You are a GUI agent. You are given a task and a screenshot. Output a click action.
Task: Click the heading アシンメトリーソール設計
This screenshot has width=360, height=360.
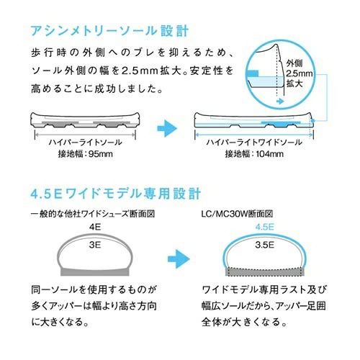coord(109,31)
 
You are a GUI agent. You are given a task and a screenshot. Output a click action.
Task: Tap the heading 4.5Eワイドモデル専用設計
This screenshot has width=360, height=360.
coord(115,194)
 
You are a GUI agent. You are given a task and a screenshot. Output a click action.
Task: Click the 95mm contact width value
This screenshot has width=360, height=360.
coord(101,154)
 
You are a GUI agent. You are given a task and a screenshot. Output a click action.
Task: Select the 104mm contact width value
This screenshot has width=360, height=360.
coord(270,154)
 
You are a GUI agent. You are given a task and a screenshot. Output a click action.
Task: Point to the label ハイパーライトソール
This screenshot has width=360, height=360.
coord(86,143)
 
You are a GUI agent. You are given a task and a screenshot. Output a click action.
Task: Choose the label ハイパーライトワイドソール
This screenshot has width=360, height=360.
coord(254,143)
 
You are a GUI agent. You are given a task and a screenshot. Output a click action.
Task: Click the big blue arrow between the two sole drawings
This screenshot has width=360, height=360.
coord(167,128)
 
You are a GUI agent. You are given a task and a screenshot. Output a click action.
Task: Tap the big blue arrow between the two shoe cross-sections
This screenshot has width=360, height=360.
coord(179,258)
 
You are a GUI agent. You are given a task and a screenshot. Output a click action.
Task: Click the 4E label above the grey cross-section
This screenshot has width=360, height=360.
coord(95,227)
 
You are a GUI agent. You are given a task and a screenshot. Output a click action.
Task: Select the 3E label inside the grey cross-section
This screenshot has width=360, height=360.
coord(95,245)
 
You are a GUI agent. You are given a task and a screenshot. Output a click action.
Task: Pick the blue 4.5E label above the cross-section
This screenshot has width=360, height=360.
coord(264,227)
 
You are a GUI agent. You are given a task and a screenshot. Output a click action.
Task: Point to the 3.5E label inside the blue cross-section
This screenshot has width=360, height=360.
coord(264,245)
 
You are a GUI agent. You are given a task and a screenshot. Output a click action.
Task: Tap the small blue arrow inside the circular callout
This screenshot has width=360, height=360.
coord(280,102)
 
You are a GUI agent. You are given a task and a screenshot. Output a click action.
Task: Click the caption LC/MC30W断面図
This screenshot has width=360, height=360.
coord(237,214)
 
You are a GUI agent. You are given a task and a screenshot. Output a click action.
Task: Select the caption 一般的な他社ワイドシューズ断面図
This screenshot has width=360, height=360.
coord(93,214)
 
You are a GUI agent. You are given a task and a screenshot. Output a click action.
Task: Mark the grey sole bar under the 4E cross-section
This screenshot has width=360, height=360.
coord(95,271)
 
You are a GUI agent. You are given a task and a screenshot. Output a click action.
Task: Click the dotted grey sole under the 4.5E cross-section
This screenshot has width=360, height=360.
coord(265,271)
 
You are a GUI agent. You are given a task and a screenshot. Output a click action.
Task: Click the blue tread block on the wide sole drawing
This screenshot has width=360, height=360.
coord(280,124)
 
